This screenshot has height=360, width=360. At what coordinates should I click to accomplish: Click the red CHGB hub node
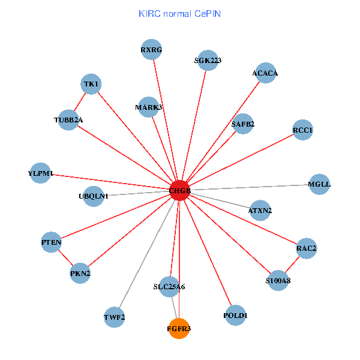click(179, 190)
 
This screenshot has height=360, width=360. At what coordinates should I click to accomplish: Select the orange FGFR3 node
click(179, 328)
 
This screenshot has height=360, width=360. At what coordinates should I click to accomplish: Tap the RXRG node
click(151, 50)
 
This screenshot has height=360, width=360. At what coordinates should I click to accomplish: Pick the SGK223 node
click(208, 60)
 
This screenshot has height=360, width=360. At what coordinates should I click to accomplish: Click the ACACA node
click(265, 73)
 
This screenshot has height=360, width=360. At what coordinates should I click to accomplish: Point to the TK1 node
click(91, 84)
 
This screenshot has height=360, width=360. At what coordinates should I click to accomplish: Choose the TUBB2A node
click(68, 120)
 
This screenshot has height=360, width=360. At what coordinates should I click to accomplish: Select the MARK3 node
click(149, 107)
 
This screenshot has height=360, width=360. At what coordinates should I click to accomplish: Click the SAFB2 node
click(243, 124)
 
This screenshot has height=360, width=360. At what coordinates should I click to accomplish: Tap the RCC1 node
click(303, 130)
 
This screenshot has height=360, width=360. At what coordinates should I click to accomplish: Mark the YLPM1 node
click(41, 173)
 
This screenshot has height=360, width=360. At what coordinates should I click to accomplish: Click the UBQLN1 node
click(94, 196)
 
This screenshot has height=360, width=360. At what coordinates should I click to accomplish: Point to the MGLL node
click(319, 184)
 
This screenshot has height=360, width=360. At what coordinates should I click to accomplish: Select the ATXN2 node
click(260, 211)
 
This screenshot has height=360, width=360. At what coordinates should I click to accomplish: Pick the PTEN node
click(52, 242)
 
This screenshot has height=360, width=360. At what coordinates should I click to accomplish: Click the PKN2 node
click(80, 274)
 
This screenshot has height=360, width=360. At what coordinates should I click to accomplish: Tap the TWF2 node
click(114, 317)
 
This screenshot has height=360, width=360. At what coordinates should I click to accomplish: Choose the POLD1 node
click(235, 315)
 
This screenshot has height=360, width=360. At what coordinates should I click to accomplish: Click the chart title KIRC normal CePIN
click(179, 13)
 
